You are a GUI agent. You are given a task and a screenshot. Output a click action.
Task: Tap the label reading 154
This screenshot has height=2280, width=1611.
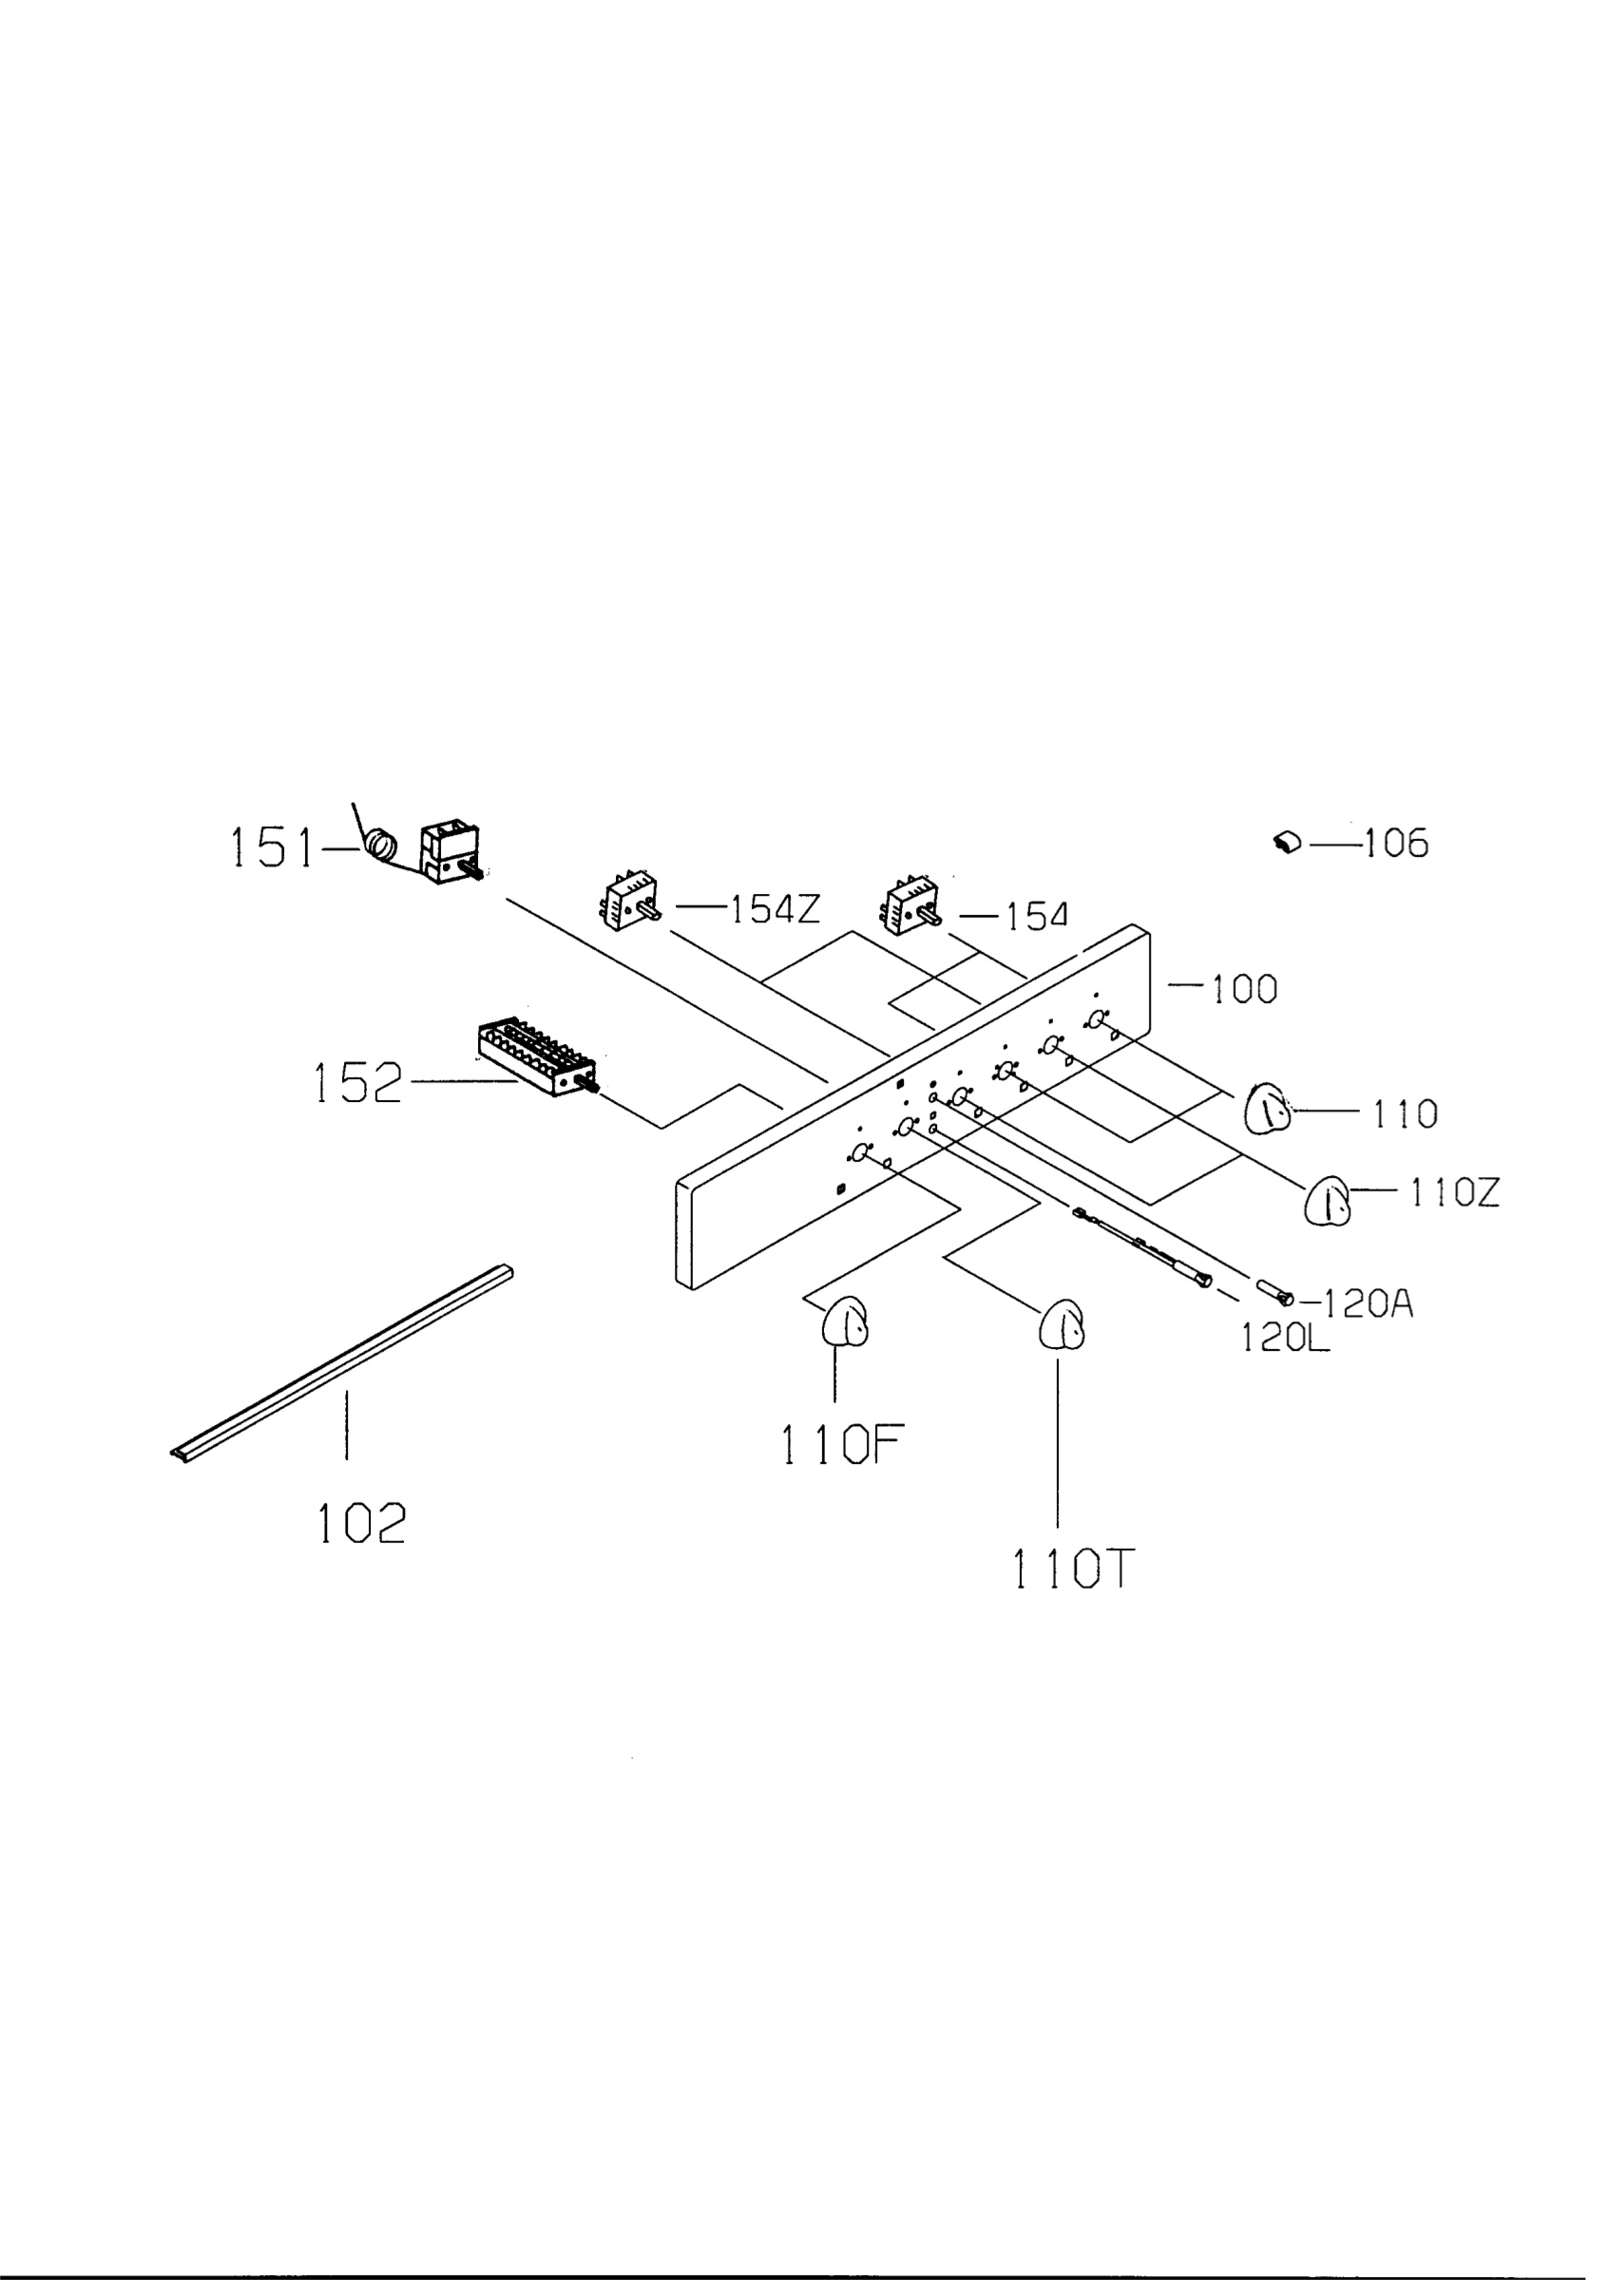pyautogui.click(x=1037, y=917)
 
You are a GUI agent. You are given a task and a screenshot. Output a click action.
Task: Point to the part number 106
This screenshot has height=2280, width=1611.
pyautogui.click(x=1395, y=845)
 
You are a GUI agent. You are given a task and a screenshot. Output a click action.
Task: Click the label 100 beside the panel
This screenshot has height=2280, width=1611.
pyautogui.click(x=1243, y=989)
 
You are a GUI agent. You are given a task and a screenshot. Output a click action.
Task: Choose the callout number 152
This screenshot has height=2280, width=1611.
pyautogui.click(x=358, y=1082)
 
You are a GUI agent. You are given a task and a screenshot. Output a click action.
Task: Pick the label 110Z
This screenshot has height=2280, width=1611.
pyautogui.click(x=1455, y=1191)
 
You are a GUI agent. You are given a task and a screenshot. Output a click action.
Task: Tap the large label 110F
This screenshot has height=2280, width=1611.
pyautogui.click(x=842, y=1445)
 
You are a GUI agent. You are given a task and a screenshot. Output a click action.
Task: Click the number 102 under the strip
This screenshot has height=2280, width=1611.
pyautogui.click(x=361, y=1523)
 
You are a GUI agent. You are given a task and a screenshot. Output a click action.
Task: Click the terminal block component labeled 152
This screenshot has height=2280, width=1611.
pyautogui.click(x=537, y=1056)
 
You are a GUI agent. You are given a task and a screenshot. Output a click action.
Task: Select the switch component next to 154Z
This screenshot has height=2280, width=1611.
pyautogui.click(x=631, y=900)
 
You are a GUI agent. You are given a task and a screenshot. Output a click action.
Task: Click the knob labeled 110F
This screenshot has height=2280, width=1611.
pyautogui.click(x=844, y=1322)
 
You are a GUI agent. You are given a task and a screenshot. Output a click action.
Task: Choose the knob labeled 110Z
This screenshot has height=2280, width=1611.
pyautogui.click(x=1327, y=1201)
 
